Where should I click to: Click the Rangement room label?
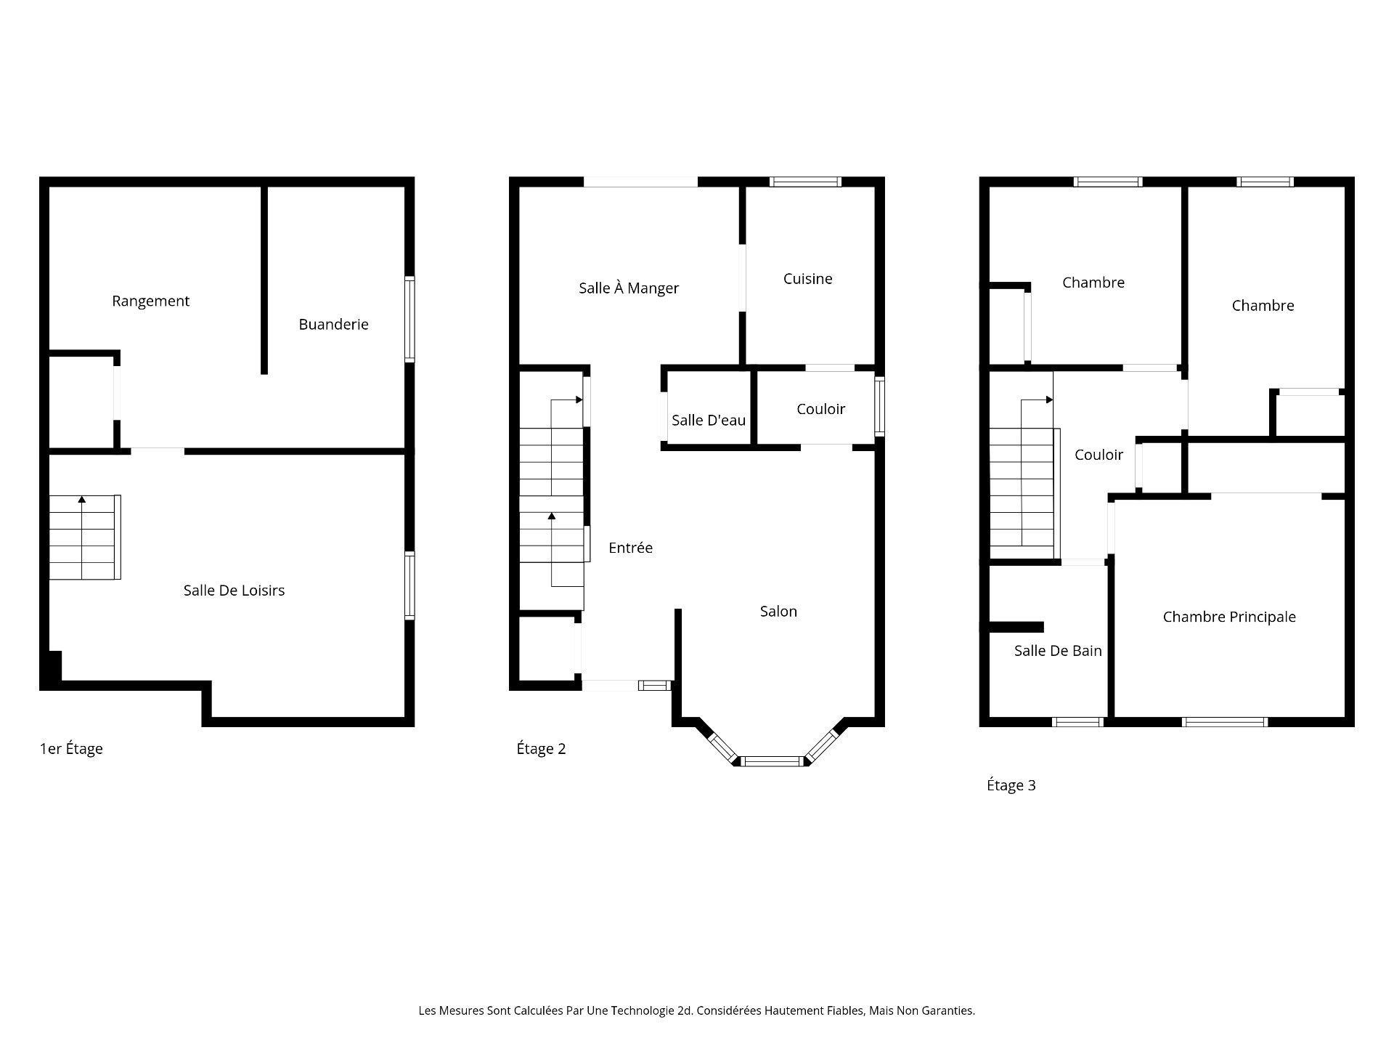pos(150,301)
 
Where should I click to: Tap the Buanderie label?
pos(333,324)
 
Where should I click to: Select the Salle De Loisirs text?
pos(234,591)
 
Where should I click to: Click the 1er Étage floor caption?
pos(71,749)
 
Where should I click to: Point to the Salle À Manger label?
pos(629,288)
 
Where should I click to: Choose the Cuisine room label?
pos(807,279)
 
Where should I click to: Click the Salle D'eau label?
pos(708,420)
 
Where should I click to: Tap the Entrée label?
pos(630,548)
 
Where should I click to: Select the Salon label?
pos(778,612)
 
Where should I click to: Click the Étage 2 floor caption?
pos(541,749)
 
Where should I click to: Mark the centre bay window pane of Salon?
pos(772,761)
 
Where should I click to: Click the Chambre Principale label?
pos(1228,617)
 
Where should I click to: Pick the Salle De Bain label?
pos(1057,651)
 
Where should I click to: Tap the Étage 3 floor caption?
pos(1011,785)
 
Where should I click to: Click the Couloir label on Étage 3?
pos(1099,455)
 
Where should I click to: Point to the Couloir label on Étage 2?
pos(820,409)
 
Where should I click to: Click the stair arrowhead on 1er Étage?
pos(82,500)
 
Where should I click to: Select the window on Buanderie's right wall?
pos(409,319)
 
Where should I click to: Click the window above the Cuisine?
pos(805,182)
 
